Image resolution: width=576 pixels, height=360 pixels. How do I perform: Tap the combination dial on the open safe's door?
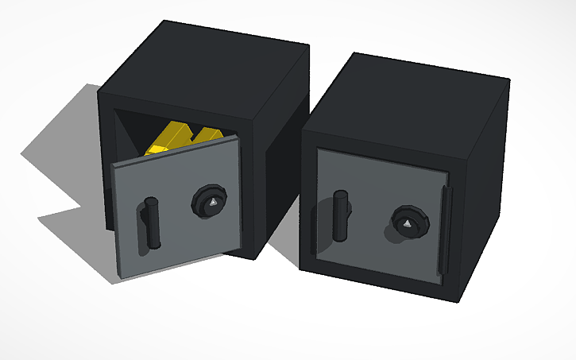(208, 203)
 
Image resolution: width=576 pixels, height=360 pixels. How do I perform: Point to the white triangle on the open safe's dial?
(211, 205)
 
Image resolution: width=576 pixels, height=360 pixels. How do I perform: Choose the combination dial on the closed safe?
(407, 225)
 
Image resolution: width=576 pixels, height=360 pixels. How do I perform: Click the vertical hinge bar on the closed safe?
(445, 230)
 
